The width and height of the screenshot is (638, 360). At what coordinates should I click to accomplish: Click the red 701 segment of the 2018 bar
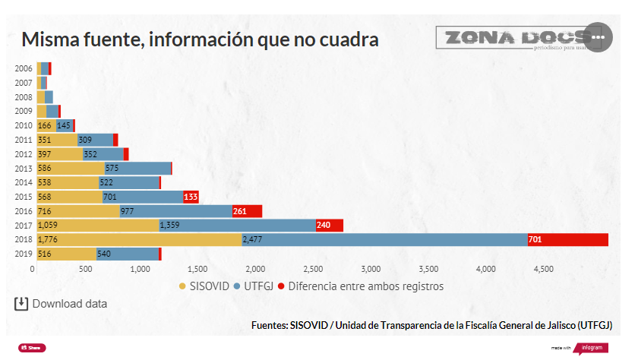coord(568,240)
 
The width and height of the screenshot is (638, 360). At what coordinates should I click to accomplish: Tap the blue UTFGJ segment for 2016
coord(175,211)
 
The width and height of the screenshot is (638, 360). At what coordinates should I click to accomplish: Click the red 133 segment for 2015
coord(191,197)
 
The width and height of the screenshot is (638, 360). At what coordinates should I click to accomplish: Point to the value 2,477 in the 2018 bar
coord(253,240)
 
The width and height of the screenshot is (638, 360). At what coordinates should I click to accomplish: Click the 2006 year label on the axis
coord(24,68)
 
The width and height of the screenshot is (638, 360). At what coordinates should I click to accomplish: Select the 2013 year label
coord(24,169)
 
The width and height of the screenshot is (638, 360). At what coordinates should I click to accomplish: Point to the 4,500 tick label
coord(543,269)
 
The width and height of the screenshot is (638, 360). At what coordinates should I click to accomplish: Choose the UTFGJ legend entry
coord(255,286)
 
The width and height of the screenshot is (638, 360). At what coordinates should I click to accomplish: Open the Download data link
coord(61,304)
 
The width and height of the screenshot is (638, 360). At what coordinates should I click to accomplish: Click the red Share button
coord(32,347)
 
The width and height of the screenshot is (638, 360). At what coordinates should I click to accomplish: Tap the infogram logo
coord(591,347)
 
